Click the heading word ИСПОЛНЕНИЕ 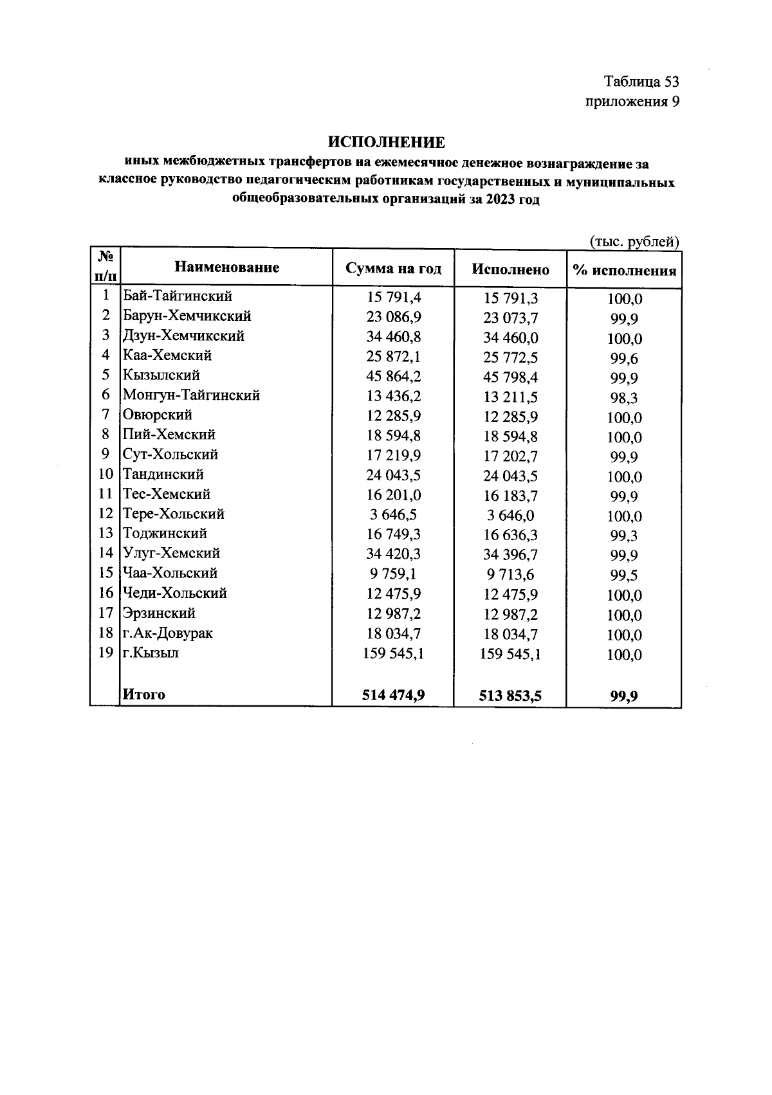386,142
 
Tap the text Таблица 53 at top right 641,82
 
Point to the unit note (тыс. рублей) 634,241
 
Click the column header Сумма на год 393,268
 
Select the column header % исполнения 624,270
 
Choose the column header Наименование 226,267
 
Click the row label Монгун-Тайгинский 191,395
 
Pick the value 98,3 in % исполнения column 624,398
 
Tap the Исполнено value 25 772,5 510,357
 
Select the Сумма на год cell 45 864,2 393,376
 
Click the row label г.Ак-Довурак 167,633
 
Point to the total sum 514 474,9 393,694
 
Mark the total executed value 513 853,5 510,695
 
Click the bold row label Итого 144,694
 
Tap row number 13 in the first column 106,533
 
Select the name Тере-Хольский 173,514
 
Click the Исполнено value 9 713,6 510,575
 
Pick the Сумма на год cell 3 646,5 393,515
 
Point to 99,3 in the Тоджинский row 624,536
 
